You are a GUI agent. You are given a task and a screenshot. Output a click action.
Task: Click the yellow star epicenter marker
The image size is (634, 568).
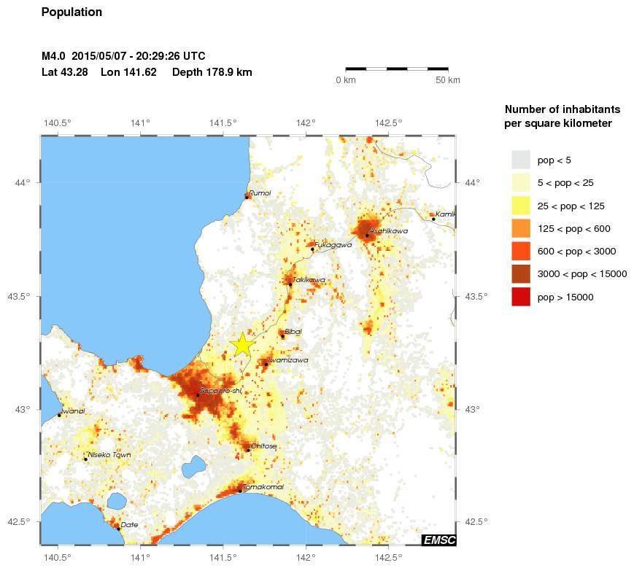[x=242, y=345]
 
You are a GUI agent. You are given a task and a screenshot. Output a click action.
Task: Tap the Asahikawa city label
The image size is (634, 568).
[x=389, y=230]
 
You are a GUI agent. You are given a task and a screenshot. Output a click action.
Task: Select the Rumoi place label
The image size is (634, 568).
[x=260, y=192]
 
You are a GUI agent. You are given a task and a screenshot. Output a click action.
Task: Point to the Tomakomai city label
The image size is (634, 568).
[x=264, y=486]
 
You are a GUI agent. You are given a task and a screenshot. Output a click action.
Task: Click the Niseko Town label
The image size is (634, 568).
[x=109, y=455]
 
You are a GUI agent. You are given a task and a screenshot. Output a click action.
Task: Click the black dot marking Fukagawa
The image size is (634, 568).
[x=312, y=249]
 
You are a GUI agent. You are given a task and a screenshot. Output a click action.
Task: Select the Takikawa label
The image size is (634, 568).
[x=309, y=279]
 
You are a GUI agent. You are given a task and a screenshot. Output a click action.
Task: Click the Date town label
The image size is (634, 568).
[x=129, y=524]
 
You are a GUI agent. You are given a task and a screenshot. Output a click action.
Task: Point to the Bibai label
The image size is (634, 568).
[x=293, y=331]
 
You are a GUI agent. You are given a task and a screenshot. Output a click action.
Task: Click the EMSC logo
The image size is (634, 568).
[x=438, y=540]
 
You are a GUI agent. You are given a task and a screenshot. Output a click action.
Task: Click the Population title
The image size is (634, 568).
[x=72, y=12]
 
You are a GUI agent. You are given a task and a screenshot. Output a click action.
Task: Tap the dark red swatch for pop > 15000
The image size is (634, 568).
[x=520, y=297]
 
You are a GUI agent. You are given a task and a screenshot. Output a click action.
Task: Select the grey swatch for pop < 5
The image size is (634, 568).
[x=520, y=160]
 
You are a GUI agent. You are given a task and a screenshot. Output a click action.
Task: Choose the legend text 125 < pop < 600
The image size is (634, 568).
[x=573, y=229]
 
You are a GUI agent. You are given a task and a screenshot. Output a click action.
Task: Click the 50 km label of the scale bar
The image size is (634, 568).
[x=448, y=79]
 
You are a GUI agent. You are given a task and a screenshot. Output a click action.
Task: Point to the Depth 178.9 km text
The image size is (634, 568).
[x=212, y=72]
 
